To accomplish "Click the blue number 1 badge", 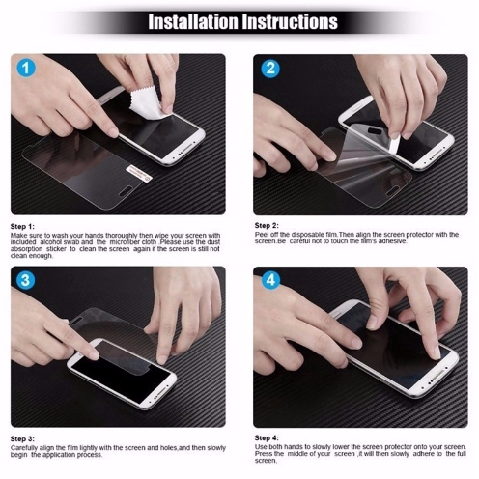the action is (x=26, y=68).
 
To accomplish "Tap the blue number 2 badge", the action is (x=270, y=69).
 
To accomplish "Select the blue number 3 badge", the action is (x=26, y=280).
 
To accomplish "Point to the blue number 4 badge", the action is (x=270, y=280).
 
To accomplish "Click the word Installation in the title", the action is (x=192, y=22).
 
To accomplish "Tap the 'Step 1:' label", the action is (x=22, y=226).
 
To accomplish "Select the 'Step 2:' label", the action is (x=267, y=225).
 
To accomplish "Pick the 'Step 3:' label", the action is (x=22, y=438).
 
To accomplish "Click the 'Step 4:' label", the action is (x=267, y=437).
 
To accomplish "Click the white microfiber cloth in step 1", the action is (x=147, y=103).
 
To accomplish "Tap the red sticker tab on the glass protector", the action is (x=139, y=173).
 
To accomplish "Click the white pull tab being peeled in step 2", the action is (x=395, y=144).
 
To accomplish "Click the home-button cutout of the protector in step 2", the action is (x=391, y=192).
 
